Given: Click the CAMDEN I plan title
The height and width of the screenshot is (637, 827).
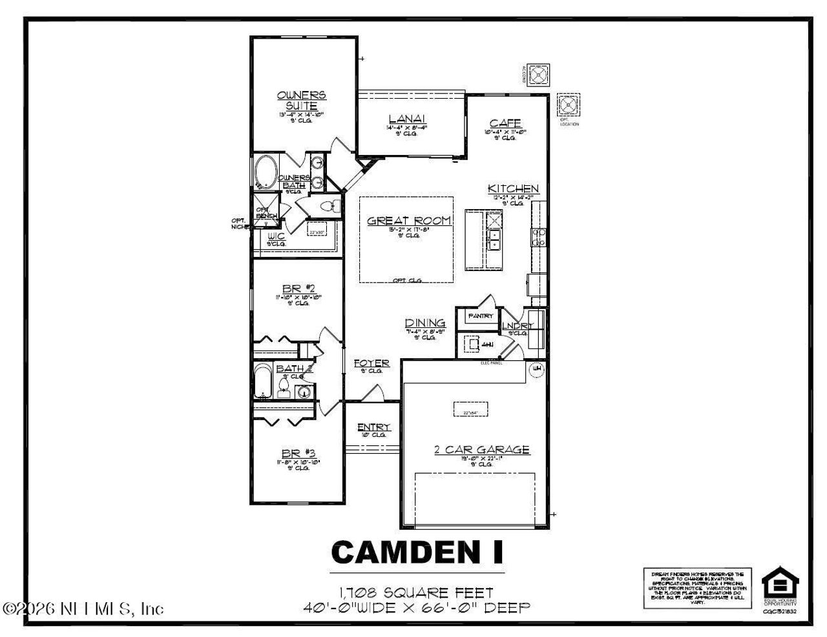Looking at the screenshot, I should pos(417,552).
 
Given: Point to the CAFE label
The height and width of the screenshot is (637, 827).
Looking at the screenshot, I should pos(505,123).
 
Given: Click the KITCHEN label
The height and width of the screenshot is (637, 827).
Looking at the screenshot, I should pos(513,188).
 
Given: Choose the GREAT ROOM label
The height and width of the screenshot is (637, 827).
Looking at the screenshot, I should pos(409,221).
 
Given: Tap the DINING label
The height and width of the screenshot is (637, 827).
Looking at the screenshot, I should pos(425,323).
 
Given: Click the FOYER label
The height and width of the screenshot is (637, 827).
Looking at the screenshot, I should pos(372,363).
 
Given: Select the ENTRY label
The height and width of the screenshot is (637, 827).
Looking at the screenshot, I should pos(373,427).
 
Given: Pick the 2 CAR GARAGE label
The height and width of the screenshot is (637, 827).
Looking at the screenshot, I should pos(481,450).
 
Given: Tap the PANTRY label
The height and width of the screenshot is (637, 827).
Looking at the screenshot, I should pos(481,316).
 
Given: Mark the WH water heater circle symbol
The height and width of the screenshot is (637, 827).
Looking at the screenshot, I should pos(536,369).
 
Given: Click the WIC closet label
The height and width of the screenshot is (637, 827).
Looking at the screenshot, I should pos(276,237).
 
